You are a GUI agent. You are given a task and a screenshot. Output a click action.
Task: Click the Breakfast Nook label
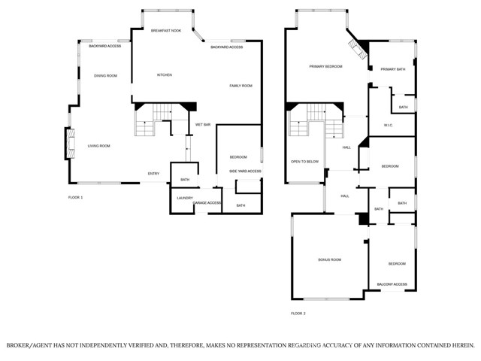166,31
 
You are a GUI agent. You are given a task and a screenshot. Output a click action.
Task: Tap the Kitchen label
165,75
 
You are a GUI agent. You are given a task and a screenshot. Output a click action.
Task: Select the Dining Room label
105,76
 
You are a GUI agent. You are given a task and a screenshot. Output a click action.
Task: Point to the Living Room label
98,146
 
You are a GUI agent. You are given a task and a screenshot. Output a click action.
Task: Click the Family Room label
240,86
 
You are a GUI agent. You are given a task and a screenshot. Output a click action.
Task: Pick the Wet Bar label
203,125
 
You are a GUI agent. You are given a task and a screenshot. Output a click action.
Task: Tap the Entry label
153,174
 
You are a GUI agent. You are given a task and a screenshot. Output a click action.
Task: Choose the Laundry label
185,198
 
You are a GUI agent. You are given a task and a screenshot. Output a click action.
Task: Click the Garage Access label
207,202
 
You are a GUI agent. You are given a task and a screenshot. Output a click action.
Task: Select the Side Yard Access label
246,171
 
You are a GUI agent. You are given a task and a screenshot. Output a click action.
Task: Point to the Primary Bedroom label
325,66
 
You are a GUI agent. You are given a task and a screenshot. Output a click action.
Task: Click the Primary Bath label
393,69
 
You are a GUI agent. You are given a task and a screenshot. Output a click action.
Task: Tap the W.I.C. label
389,126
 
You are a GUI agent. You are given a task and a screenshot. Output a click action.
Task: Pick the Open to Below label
304,162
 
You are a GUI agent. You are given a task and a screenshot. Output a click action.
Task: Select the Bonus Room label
330,259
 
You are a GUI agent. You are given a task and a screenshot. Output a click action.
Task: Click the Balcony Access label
392,284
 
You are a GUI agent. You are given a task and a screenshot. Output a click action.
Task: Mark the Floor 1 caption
75,197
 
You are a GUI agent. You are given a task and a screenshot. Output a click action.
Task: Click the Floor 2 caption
298,314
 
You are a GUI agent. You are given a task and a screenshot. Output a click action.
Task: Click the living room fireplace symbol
71,144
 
